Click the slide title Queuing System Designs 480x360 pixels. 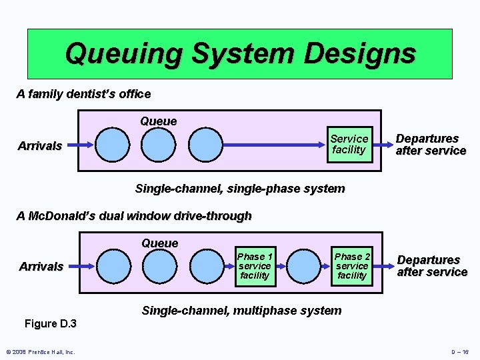coord(239,53)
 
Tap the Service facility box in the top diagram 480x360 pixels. coord(349,144)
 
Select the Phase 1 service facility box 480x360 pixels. coord(255,266)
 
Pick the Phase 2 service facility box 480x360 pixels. coord(352,266)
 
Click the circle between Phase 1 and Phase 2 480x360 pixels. coord(303,266)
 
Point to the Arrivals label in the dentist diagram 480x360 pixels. coord(40,145)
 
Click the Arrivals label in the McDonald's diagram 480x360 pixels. coord(41,267)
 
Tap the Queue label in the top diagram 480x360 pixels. coord(159,121)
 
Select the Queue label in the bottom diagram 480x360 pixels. coord(160,243)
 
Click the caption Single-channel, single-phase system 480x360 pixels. coord(240,189)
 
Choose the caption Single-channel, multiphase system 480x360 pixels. coord(241,311)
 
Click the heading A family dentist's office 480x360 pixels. coord(83,94)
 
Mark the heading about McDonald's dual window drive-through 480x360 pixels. coord(134,216)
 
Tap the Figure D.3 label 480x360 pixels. coord(51,324)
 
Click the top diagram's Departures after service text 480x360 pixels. coord(430,145)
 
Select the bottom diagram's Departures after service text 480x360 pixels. coord(431,266)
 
